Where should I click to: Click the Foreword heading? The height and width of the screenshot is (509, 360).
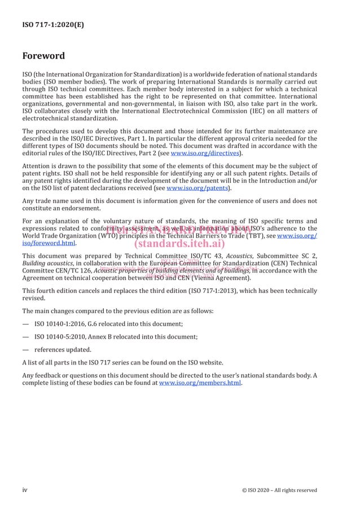click(43, 56)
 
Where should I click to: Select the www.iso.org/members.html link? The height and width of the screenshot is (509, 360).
click(200, 383)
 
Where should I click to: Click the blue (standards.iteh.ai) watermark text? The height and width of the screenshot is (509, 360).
click(180, 244)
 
